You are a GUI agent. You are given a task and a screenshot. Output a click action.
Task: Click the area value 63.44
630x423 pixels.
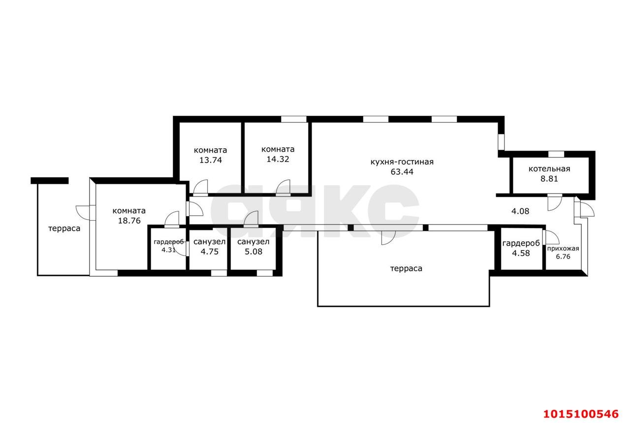pyautogui.click(x=402, y=172)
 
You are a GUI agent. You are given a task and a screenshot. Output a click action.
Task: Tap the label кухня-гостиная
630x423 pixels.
pyautogui.click(x=402, y=162)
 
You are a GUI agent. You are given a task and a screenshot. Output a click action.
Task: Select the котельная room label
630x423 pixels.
pyautogui.click(x=549, y=169)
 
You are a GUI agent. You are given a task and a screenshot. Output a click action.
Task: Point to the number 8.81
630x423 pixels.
pyautogui.click(x=549, y=179)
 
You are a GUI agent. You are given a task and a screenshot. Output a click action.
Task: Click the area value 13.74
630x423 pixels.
pyautogui.click(x=211, y=160)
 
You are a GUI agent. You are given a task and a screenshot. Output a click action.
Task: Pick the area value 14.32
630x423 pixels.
pyautogui.click(x=278, y=159)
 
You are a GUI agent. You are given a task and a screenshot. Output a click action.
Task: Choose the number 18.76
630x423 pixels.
pyautogui.click(x=129, y=221)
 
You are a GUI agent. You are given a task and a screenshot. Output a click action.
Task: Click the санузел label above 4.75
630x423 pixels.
pyautogui.click(x=210, y=242)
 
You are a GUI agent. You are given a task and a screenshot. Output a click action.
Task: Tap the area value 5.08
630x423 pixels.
pyautogui.click(x=253, y=252)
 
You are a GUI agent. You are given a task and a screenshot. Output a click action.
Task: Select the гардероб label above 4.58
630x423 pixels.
pyautogui.click(x=521, y=243)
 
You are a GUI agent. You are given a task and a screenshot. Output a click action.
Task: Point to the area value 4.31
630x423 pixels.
pyautogui.click(x=168, y=250)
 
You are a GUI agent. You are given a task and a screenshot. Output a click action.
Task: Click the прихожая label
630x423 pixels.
pyautogui.click(x=563, y=249)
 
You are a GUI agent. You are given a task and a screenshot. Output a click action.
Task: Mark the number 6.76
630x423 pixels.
pyautogui.click(x=563, y=257)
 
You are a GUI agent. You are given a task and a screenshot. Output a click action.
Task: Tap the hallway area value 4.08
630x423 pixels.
pyautogui.click(x=520, y=211)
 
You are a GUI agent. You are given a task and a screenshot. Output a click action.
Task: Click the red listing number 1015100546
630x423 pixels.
pyautogui.click(x=581, y=414)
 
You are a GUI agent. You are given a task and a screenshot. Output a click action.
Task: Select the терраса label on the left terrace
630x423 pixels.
pyautogui.click(x=64, y=228)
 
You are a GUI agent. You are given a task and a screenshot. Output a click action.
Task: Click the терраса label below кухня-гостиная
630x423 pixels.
pyautogui.click(x=407, y=268)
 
